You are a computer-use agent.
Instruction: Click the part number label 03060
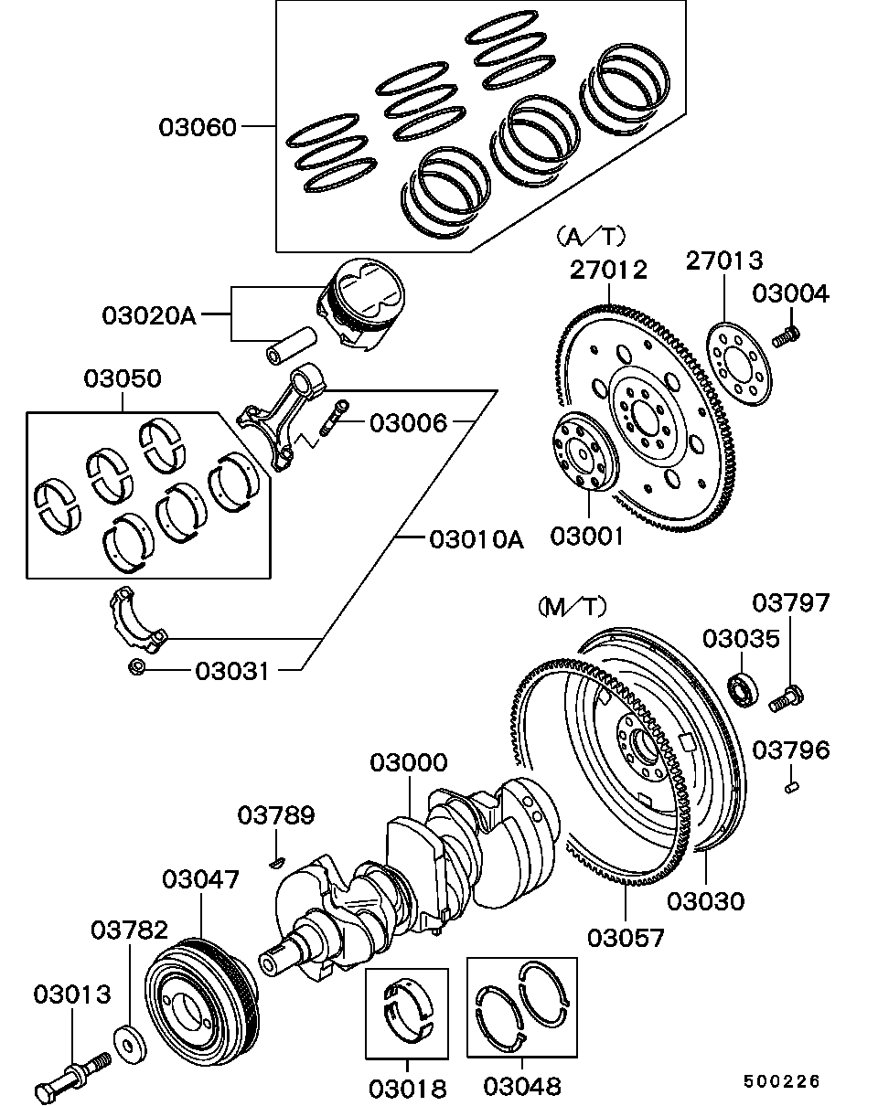coord(198,126)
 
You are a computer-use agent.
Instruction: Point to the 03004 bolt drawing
coord(785,337)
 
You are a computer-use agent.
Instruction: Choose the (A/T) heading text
coord(590,237)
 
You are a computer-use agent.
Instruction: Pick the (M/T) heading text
coord(572,605)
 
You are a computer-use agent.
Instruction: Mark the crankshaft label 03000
coord(408,762)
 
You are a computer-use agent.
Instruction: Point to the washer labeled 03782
coord(129,1039)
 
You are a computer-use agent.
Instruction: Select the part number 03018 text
coord(408,1089)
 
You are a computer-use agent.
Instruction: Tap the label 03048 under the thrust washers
coord(521,1087)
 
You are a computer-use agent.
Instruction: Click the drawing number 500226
coord(781,1081)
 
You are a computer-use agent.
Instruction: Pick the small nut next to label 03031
coord(135,666)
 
